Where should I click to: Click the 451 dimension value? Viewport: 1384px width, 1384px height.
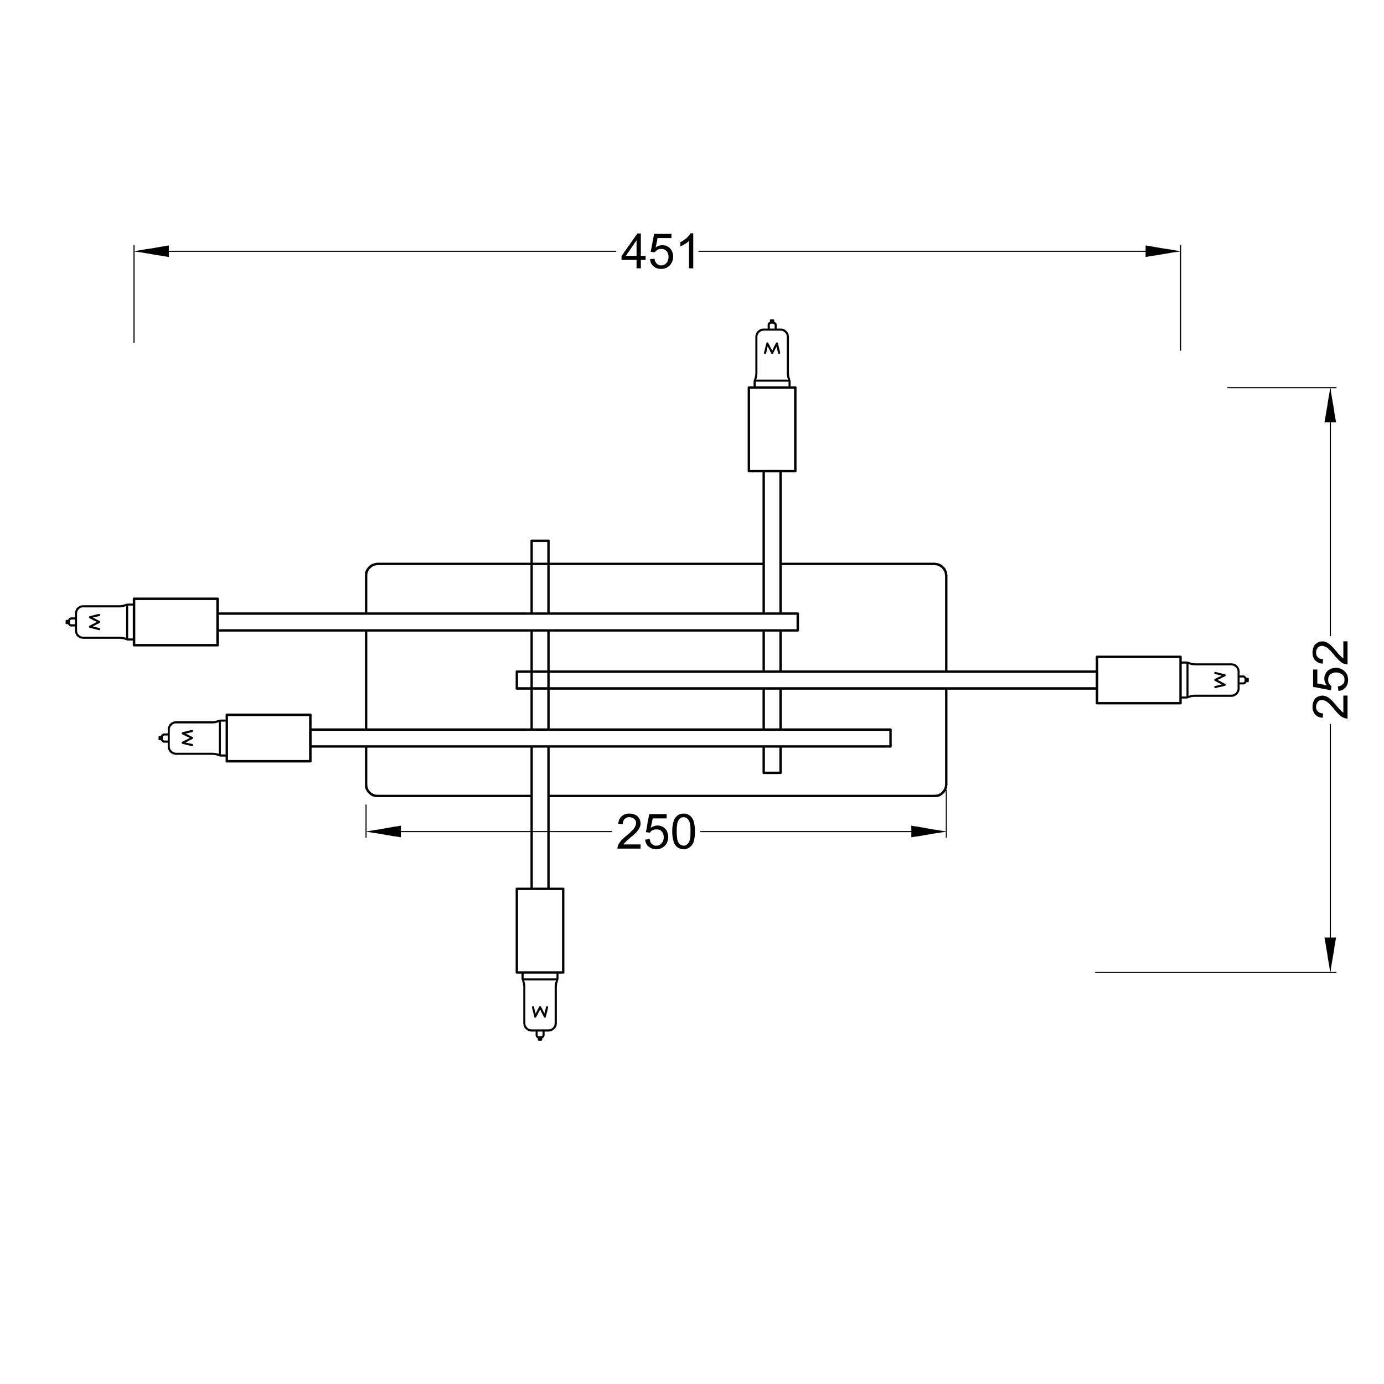pos(659,252)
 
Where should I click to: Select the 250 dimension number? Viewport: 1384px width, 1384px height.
pos(656,833)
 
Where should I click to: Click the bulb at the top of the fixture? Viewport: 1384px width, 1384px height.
pos(772,354)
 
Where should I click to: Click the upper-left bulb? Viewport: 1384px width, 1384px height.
pos(100,622)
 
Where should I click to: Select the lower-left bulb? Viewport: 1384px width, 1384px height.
pos(193,738)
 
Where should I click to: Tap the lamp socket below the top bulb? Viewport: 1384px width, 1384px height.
pos(772,429)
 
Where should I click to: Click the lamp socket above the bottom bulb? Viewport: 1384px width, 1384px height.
pos(540,931)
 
